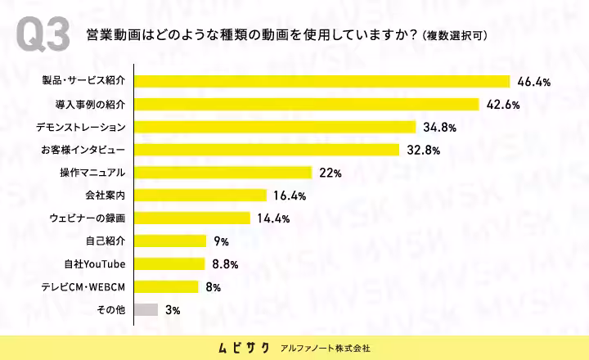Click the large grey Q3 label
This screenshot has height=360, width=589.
click(43, 34)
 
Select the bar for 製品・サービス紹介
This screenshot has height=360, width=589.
click(322, 82)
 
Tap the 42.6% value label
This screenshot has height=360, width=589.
click(503, 105)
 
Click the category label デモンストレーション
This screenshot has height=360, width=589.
click(81, 128)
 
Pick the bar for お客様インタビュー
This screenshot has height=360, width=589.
click(267, 150)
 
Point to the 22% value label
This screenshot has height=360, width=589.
click(330, 173)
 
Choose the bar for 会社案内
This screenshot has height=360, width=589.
click(200, 196)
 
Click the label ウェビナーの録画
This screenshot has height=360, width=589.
click(88, 218)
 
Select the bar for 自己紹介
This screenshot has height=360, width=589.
click(170, 241)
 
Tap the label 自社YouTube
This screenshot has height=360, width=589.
click(95, 264)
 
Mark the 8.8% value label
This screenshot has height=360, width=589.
click(226, 264)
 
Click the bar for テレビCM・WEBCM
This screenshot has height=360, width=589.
click(166, 286)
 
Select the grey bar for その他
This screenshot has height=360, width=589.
click(146, 309)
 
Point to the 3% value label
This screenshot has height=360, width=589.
click(173, 310)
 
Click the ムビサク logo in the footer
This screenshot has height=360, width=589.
click(244, 348)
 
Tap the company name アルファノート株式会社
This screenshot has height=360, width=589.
click(326, 349)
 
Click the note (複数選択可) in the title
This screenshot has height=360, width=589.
click(455, 36)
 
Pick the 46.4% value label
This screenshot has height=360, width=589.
click(533, 82)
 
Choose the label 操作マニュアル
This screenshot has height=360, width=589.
click(92, 173)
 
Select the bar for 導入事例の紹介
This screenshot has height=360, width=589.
click(307, 105)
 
